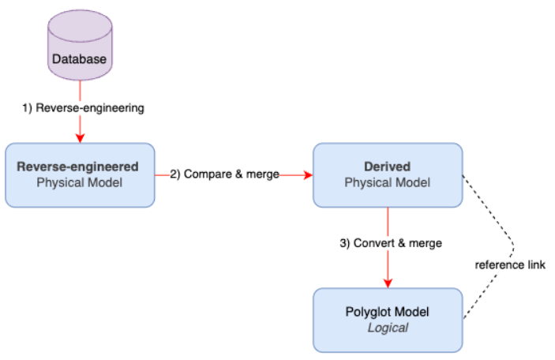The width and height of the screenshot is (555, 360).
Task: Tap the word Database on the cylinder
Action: pos(80,58)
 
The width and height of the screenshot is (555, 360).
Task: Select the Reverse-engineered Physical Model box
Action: pos(80,174)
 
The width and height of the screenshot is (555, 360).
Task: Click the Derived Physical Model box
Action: pos(387,174)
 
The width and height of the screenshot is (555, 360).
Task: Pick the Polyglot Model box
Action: pos(387,320)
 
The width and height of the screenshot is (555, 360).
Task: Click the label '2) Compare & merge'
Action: pos(224,174)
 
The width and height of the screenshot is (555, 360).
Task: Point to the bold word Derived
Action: pos(387,167)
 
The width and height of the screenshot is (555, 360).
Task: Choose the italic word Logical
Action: pos(387,328)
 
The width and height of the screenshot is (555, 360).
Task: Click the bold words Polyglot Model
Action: pos(387,313)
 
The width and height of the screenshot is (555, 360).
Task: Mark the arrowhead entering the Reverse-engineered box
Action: pos(80,139)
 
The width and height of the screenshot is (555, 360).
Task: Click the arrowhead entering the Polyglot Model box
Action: pos(387,284)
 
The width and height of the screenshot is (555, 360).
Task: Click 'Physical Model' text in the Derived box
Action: pos(387,182)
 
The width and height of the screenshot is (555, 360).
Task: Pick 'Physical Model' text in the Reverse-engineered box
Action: pos(80,182)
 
